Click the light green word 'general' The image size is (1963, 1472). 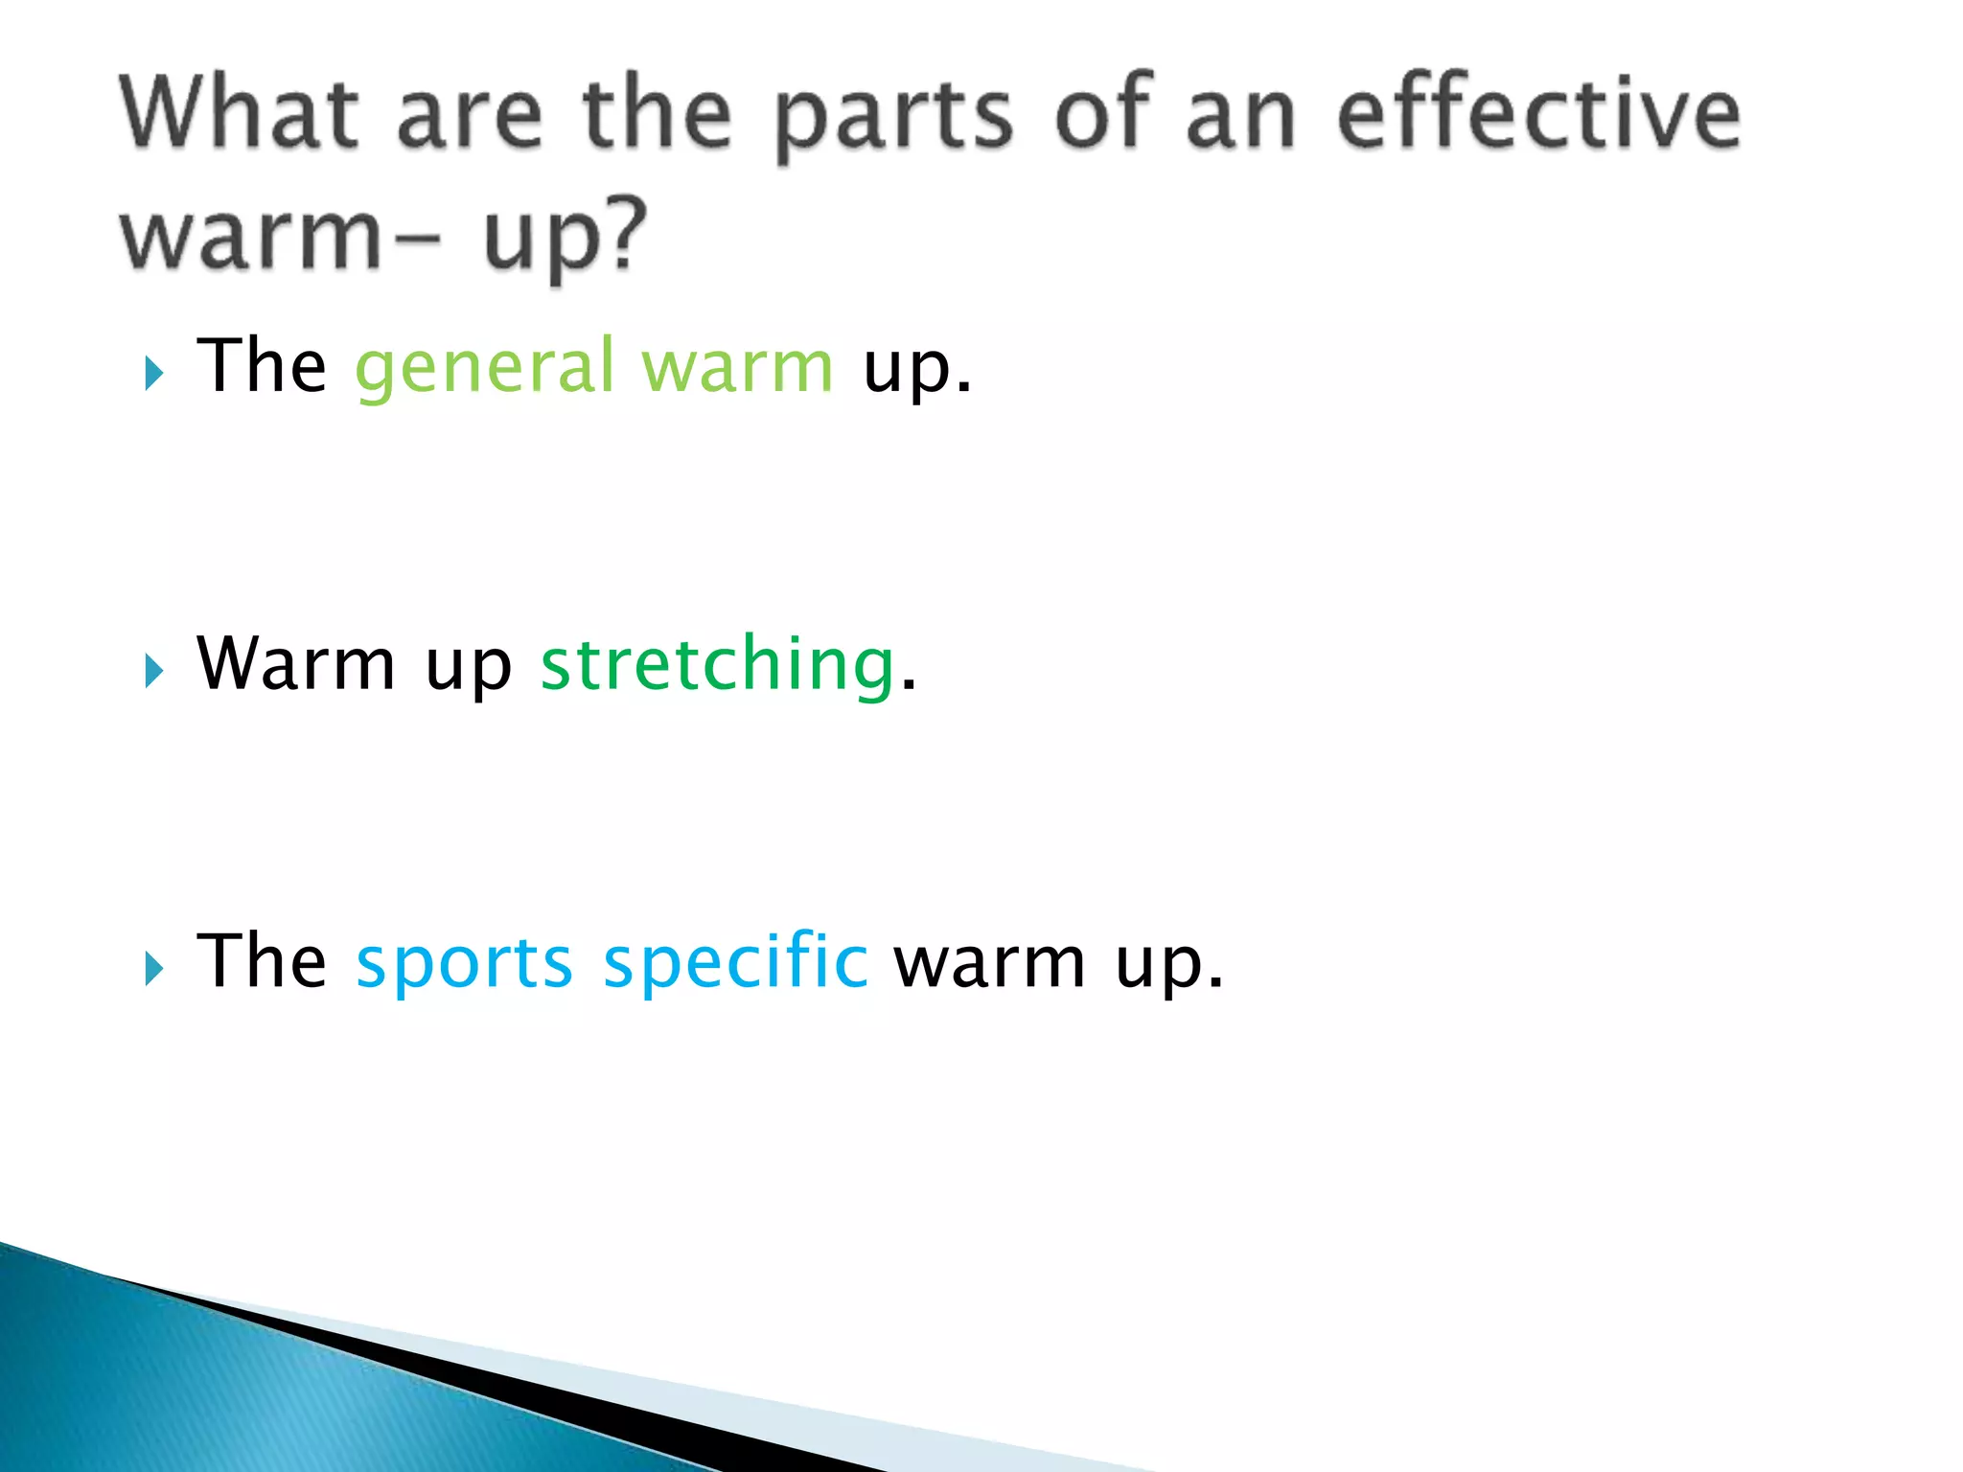(x=484, y=368)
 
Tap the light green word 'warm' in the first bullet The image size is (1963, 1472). (x=737, y=368)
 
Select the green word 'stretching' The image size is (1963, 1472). (x=718, y=665)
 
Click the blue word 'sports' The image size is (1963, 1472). (x=464, y=963)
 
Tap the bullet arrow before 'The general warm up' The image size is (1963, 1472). (x=154, y=373)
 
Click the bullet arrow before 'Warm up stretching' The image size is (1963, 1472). (x=154, y=671)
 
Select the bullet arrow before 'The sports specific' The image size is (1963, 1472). (x=154, y=969)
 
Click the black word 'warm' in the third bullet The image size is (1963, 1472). (x=990, y=963)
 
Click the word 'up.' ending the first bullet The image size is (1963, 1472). (x=916, y=370)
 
